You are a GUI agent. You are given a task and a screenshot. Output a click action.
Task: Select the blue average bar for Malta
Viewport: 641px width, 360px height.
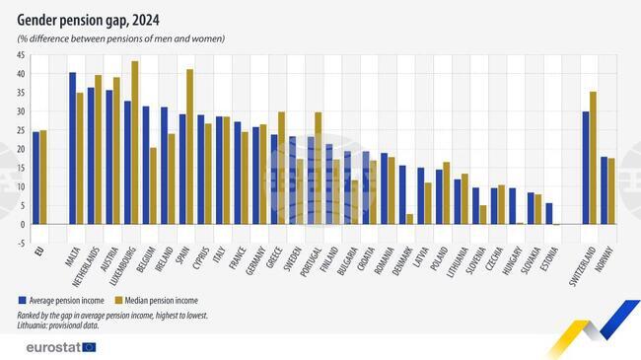tap(72, 148)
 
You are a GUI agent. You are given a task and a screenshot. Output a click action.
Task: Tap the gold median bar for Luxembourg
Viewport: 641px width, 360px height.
tap(135, 143)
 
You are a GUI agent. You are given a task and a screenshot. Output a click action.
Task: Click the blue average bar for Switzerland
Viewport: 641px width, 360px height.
tap(585, 168)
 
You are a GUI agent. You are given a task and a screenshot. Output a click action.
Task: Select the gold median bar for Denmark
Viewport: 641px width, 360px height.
tap(408, 219)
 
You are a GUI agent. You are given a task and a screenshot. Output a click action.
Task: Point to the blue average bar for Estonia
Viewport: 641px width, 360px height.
tap(549, 214)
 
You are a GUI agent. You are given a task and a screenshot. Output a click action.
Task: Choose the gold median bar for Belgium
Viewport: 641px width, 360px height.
tap(153, 186)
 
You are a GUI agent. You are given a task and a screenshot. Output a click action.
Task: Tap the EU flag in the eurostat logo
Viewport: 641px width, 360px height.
tap(90, 346)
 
